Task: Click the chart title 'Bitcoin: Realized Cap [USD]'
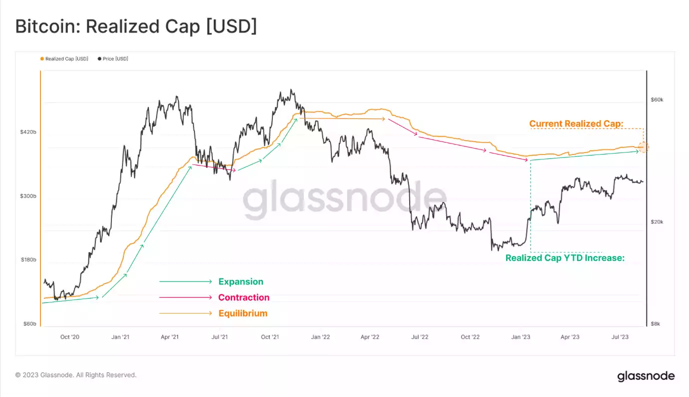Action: click(x=136, y=26)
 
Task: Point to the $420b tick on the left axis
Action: click(x=28, y=132)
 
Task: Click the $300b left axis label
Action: click(x=28, y=196)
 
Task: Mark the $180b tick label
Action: click(x=28, y=260)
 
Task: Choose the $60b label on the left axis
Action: click(x=29, y=324)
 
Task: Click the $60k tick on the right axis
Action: click(x=657, y=100)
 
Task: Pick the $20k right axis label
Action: click(x=657, y=222)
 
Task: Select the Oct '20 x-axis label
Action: click(x=70, y=337)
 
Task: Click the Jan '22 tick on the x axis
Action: click(x=320, y=337)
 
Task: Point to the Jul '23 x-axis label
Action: click(x=620, y=337)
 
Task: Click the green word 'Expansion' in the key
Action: click(x=241, y=281)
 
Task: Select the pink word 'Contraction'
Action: click(x=244, y=297)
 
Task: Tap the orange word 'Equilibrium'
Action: click(x=243, y=313)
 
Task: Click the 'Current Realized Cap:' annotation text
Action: click(x=576, y=123)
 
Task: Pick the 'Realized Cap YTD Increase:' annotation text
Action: click(x=565, y=258)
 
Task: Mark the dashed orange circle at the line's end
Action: click(x=644, y=147)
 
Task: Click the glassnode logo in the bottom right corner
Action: click(x=646, y=376)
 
